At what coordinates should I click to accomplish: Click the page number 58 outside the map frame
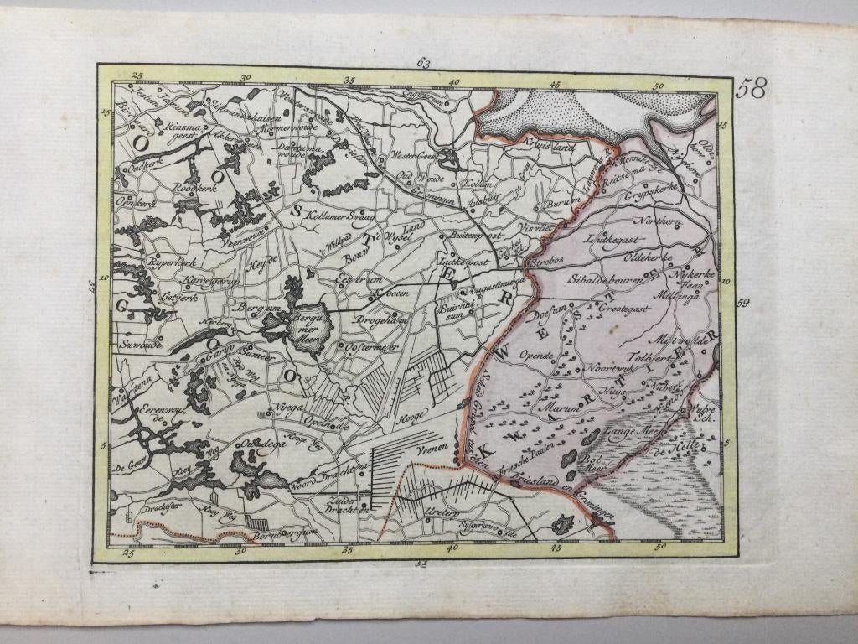tap(751, 88)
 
